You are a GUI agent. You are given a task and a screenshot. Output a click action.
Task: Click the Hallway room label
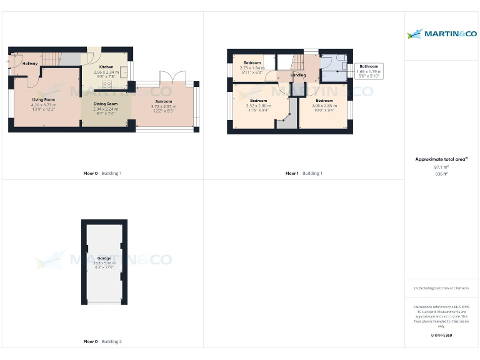click(30, 64)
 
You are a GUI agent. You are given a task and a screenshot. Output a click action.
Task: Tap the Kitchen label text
click(106, 67)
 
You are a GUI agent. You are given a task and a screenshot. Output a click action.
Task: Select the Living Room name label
click(44, 100)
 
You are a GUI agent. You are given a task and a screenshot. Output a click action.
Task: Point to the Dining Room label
click(106, 104)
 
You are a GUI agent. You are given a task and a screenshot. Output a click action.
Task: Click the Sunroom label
click(164, 101)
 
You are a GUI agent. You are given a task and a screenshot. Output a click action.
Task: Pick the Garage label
click(104, 258)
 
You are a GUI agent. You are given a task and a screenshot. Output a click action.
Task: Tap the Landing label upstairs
click(299, 76)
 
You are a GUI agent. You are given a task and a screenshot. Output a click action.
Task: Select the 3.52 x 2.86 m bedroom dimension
click(258, 106)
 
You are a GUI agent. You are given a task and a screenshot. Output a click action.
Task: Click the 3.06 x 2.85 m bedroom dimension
click(324, 106)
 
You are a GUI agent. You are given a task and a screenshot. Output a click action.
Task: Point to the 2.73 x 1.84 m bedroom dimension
click(252, 68)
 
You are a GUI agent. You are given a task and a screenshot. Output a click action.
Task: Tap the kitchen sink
click(123, 69)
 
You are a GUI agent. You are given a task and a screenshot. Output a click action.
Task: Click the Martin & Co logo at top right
click(441, 34)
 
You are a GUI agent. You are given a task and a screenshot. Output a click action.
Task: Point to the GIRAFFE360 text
click(441, 336)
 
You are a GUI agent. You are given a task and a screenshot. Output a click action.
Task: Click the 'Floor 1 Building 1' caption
click(304, 173)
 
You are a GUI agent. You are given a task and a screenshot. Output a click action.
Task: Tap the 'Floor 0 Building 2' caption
click(102, 342)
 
